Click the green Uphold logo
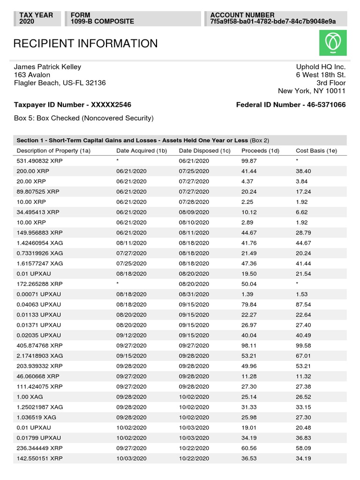point(333,43)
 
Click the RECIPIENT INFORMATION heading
point(85,44)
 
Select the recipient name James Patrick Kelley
point(47,67)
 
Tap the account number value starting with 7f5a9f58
point(273,22)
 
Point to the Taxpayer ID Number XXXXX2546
point(73,105)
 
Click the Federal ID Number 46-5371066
point(291,105)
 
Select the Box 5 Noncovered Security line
point(83,118)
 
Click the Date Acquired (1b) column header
point(142,150)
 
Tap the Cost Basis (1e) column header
point(316,150)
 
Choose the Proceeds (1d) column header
point(260,150)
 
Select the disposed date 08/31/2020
point(194,293)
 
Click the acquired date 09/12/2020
point(131,335)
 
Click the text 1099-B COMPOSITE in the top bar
point(102,22)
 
